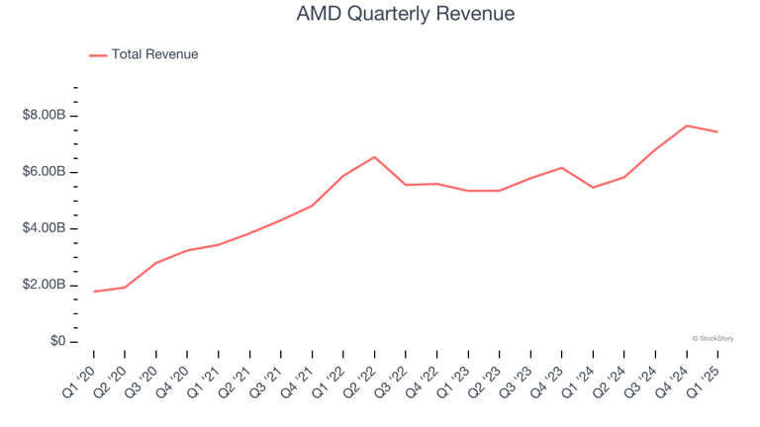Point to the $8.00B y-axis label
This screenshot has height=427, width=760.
pyautogui.click(x=44, y=116)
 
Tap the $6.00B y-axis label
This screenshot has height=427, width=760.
pyautogui.click(x=44, y=172)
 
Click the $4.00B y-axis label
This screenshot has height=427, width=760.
pyautogui.click(x=44, y=228)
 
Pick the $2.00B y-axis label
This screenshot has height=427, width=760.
pyautogui.click(x=44, y=285)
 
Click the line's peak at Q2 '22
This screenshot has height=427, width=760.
pyautogui.click(x=374, y=156)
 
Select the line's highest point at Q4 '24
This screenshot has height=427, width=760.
pyautogui.click(x=686, y=126)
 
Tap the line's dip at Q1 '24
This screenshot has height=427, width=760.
pyautogui.click(x=593, y=187)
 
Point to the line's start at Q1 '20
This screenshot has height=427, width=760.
pyautogui.click(x=94, y=292)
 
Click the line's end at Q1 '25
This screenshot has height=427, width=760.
pyautogui.click(x=717, y=131)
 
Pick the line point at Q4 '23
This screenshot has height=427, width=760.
pyautogui.click(x=561, y=167)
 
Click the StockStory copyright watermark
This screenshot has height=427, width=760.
pyautogui.click(x=712, y=338)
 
